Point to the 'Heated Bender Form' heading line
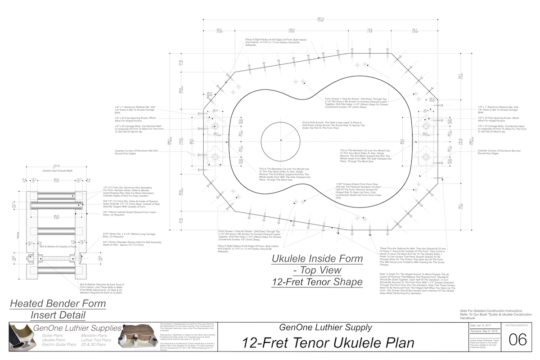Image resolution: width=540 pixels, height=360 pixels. [x=58, y=303]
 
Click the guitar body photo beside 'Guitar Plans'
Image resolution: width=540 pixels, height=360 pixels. [x=20, y=340]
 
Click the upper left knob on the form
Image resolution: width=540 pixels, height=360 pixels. [x=215, y=124]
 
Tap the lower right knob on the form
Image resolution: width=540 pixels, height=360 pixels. [x=426, y=157]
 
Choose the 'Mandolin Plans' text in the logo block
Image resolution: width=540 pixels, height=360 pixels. [x=94, y=335]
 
